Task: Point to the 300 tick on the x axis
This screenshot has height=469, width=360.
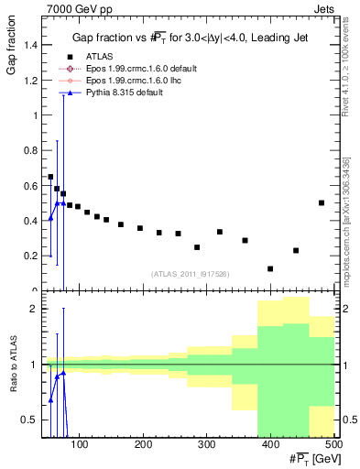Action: pos(206,445)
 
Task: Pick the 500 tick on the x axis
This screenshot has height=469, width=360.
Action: pos(333,445)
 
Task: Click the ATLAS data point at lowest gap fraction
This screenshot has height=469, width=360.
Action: pos(270,268)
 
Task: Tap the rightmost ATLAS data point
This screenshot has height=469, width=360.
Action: pos(322,202)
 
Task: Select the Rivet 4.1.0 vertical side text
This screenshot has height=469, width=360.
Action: pos(346,69)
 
